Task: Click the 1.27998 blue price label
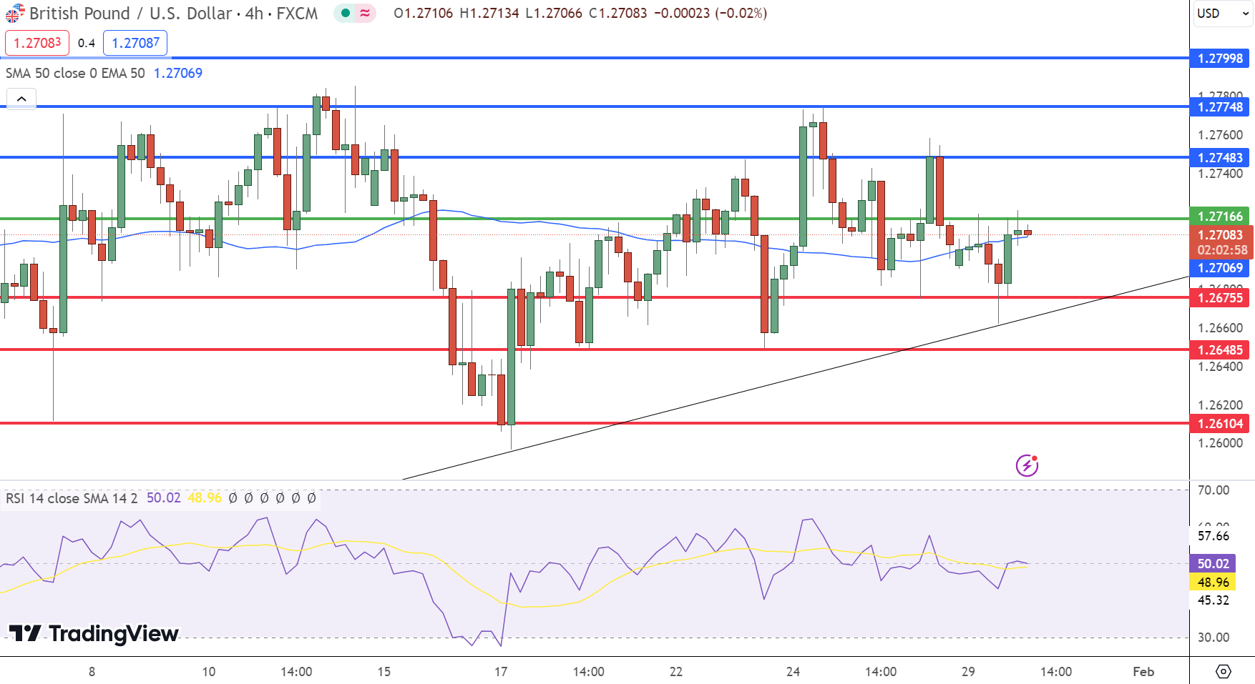(1220, 59)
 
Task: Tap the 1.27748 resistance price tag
(1220, 107)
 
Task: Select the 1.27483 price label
(1220, 158)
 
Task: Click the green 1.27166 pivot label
(1220, 217)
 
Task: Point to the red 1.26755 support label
(1220, 298)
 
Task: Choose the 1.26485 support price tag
(1220, 350)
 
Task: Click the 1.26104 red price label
(1220, 424)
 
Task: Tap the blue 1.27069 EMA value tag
(1220, 268)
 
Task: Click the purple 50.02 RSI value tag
(1214, 564)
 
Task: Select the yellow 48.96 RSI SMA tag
(1214, 583)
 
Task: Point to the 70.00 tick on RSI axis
(1214, 490)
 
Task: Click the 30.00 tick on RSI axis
(1214, 638)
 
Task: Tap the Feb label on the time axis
(1143, 672)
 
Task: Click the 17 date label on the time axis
(501, 672)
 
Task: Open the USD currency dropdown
(1222, 14)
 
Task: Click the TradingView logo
(94, 634)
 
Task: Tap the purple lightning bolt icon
(1027, 466)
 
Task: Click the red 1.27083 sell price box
(37, 43)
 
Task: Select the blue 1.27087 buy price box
(135, 43)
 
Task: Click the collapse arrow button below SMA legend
(21, 99)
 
